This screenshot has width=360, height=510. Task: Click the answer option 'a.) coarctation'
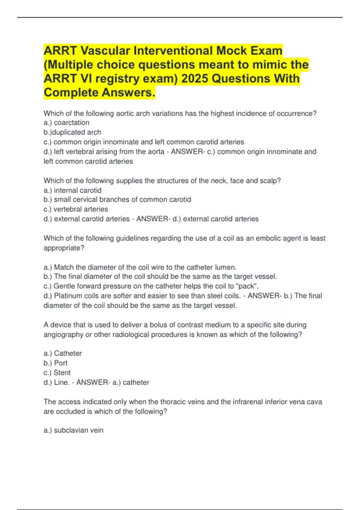66,122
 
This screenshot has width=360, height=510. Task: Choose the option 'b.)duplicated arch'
72,132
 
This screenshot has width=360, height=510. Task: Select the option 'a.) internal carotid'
72,190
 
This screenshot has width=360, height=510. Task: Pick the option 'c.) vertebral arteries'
76,209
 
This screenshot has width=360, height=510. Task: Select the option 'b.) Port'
55,363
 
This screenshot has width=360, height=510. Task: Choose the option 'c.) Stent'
57,373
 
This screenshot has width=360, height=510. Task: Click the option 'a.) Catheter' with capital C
62,353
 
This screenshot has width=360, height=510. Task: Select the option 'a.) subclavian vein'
73,430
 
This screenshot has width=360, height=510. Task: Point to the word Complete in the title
70,92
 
